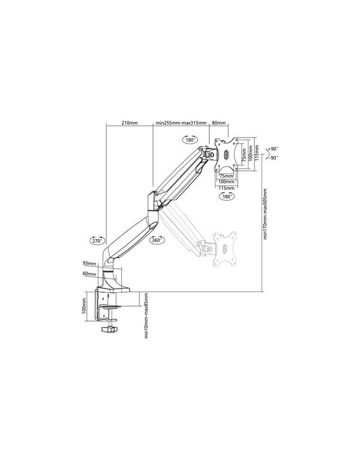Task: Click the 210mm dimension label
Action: click(130, 122)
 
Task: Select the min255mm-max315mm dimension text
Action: click(181, 122)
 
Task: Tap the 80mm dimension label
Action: click(219, 122)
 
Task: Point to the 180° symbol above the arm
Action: click(191, 140)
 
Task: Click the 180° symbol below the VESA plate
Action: click(227, 196)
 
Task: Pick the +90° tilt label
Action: click(274, 148)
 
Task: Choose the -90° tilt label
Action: click(274, 158)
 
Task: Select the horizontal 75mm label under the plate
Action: click(226, 176)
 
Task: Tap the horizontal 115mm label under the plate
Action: click(226, 187)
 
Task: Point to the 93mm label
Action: click(89, 263)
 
